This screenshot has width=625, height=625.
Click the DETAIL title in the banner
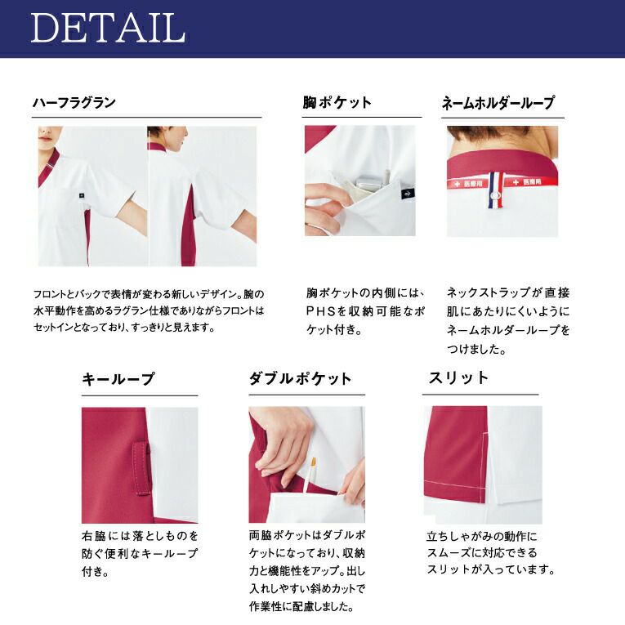pyautogui.click(x=108, y=28)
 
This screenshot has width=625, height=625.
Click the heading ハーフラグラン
pyautogui.click(x=74, y=103)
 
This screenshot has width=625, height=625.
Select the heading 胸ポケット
pyautogui.click(x=337, y=102)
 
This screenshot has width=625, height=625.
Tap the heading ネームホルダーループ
pyautogui.click(x=498, y=103)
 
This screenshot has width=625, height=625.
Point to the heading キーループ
pyautogui.click(x=118, y=379)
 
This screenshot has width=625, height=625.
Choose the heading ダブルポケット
pyautogui.click(x=300, y=378)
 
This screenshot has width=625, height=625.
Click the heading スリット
pyautogui.click(x=458, y=378)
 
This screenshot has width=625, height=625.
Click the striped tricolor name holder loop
pyautogui.click(x=496, y=190)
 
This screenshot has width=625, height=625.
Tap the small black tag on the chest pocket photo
pyautogui.click(x=408, y=194)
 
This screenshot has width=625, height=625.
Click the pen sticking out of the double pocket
pyautogui.click(x=310, y=475)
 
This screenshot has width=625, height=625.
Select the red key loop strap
pyautogui.click(x=141, y=468)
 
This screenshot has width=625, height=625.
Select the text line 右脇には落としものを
pyautogui.click(x=140, y=536)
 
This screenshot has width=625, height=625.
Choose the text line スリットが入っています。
pyautogui.click(x=491, y=569)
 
